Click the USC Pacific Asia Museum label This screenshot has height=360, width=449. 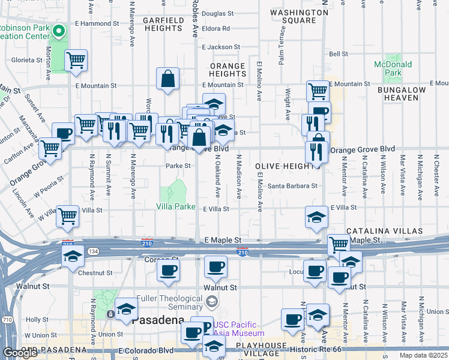coord(238,329)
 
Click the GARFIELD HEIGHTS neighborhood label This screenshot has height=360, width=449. coord(163,24)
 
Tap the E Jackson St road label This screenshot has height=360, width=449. coord(220,47)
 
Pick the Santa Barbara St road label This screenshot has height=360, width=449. coord(292,186)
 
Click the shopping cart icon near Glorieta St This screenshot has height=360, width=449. coord(76,61)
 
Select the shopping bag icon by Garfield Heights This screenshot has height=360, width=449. coord(168,78)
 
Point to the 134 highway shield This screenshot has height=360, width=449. coord(93,251)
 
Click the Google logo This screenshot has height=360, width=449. coord(19,353)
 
